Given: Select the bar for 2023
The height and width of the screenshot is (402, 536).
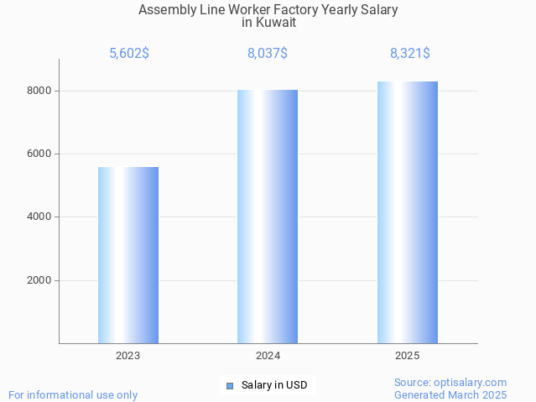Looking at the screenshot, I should click(x=128, y=255).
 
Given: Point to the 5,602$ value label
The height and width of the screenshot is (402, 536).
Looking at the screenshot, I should click(x=129, y=54).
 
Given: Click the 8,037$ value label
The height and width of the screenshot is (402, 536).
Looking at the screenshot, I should click(x=268, y=54).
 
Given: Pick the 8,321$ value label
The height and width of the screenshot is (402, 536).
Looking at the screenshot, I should click(x=409, y=54).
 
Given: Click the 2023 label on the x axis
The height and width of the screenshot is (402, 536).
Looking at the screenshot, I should click(x=128, y=356).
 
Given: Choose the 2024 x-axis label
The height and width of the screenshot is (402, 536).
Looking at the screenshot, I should click(x=268, y=356).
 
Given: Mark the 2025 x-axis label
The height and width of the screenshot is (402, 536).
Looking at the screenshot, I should click(x=408, y=356).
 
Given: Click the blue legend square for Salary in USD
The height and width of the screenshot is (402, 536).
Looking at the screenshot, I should click(x=230, y=386).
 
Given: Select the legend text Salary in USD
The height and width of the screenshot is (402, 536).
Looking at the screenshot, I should click(x=274, y=386).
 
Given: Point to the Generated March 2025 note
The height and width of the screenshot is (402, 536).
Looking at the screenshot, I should click(x=450, y=394).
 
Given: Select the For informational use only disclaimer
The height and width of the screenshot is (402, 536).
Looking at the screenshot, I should click(x=73, y=394).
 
